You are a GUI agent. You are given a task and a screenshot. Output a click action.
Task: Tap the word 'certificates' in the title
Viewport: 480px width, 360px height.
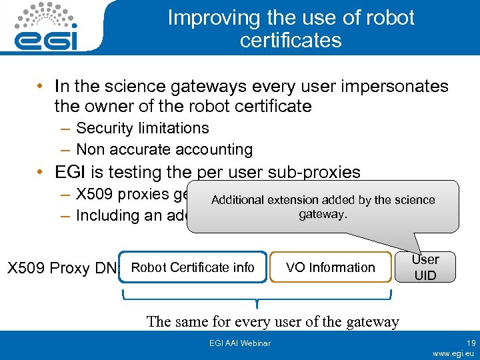click(x=291, y=41)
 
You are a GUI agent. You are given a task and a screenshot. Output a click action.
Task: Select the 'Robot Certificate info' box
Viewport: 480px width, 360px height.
click(x=193, y=267)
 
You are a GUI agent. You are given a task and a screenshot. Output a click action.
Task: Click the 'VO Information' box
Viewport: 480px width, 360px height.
click(x=330, y=267)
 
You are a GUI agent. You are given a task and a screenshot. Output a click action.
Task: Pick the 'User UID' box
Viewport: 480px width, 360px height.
click(x=425, y=267)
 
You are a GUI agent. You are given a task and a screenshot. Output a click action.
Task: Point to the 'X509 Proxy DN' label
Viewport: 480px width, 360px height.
click(x=61, y=269)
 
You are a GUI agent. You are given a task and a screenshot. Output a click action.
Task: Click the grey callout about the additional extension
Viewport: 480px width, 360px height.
click(x=323, y=207)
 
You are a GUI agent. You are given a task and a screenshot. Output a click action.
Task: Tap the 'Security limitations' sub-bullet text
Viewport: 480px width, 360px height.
click(x=142, y=128)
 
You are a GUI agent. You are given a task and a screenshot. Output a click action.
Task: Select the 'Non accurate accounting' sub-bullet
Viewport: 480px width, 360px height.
click(x=164, y=149)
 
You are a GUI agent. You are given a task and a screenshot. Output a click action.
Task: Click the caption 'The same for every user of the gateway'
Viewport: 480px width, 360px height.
click(x=273, y=321)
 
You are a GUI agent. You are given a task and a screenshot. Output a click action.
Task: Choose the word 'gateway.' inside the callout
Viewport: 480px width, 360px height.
click(x=323, y=215)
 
